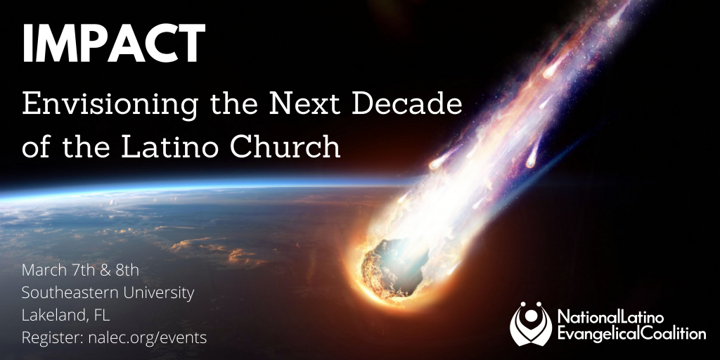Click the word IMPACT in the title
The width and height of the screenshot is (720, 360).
pos(113,43)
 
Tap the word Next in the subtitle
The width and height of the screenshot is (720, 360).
pos(304,104)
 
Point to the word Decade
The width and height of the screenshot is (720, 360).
pos(407,104)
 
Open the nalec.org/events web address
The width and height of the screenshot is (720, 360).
pos(147,338)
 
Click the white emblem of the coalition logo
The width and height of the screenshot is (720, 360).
pos(530,323)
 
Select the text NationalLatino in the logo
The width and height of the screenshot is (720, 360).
pos(611,317)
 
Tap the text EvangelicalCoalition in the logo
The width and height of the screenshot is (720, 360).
pos(631,334)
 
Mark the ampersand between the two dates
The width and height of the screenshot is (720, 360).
pos(106,270)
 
